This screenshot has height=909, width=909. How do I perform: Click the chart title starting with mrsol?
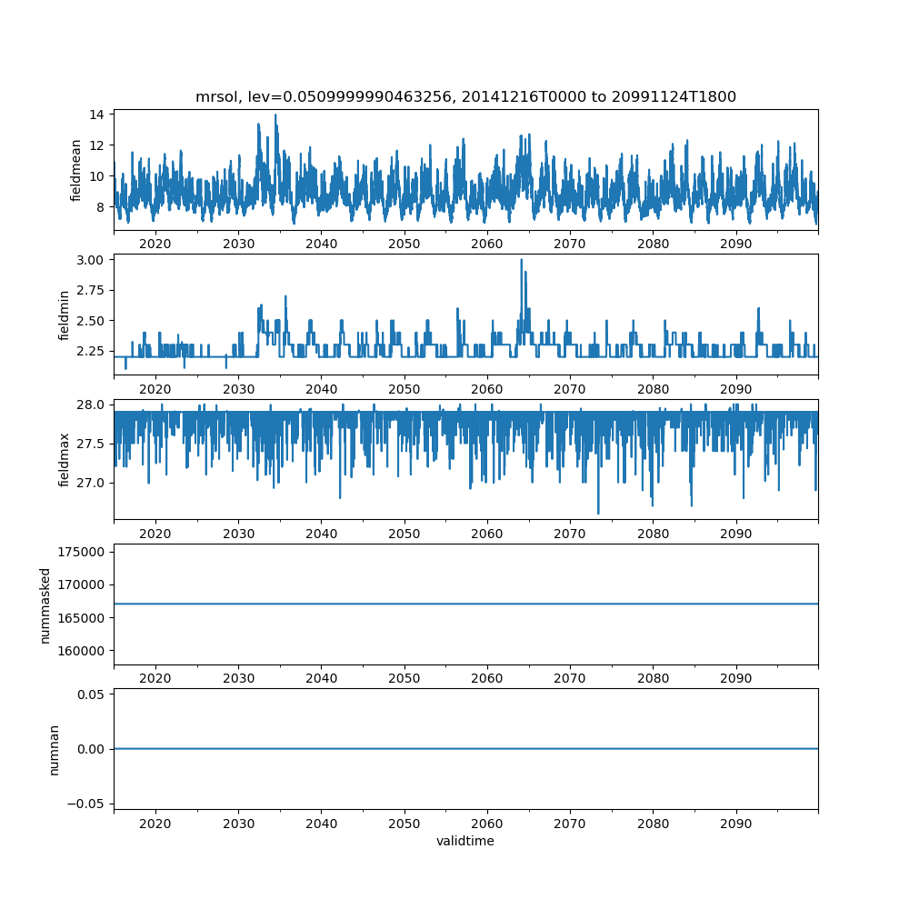point(465,96)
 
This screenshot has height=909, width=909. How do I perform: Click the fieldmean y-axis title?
point(76,170)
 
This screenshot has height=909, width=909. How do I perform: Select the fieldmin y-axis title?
point(65,315)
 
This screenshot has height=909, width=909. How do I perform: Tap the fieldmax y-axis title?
point(65,460)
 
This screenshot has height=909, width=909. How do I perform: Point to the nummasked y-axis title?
point(45,605)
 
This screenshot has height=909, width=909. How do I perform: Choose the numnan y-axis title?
point(54,749)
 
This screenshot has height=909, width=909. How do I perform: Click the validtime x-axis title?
point(465,841)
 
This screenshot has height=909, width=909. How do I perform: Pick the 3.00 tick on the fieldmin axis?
point(89,259)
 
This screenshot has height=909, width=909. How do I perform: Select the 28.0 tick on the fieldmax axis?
point(89,405)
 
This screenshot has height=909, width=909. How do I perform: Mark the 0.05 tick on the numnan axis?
point(89,694)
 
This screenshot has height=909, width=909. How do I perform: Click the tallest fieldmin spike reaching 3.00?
point(521,260)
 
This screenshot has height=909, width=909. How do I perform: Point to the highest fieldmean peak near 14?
point(275,115)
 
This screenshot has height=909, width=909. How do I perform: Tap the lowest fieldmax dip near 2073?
point(598,513)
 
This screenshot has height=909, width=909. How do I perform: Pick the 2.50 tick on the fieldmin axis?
point(89,320)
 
